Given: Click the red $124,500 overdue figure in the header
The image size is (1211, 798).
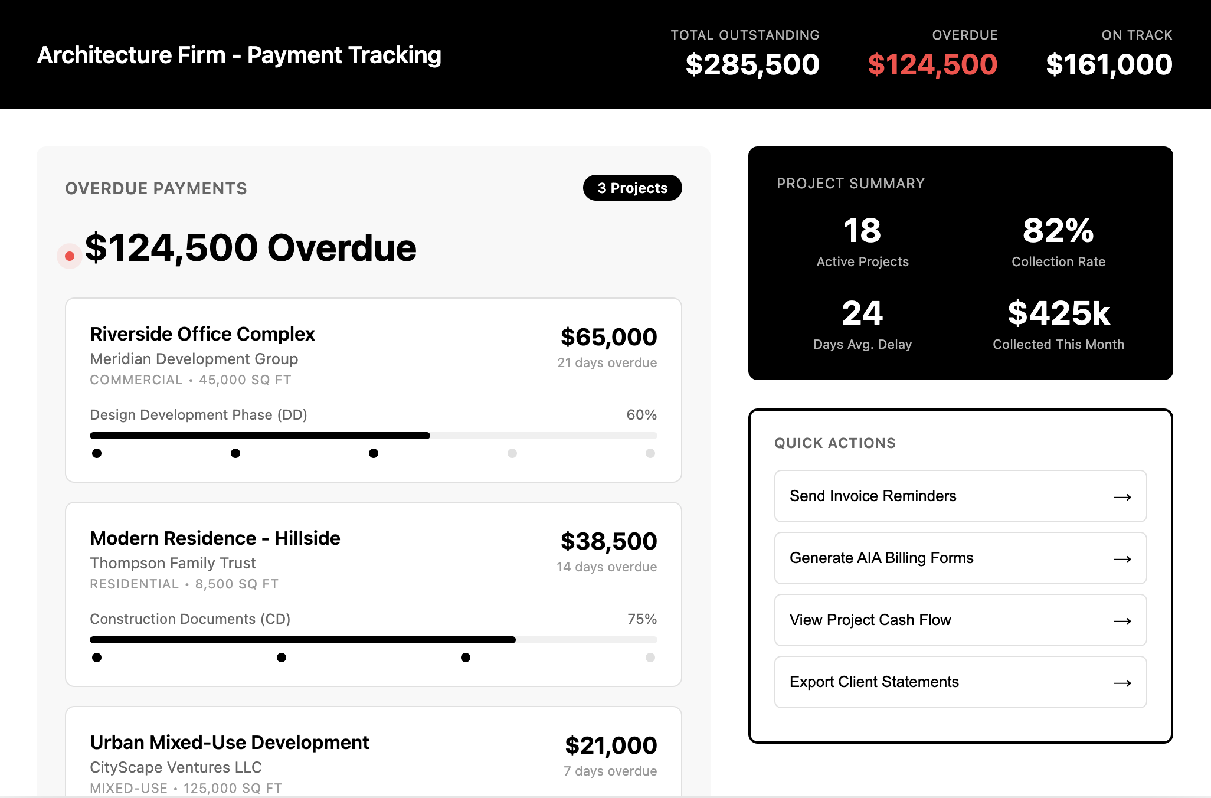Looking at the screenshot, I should (932, 64).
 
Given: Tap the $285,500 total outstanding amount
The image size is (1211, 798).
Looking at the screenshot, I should (752, 64).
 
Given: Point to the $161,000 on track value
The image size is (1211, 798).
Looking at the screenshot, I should (1109, 64).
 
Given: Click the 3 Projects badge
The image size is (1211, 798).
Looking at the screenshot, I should (632, 188).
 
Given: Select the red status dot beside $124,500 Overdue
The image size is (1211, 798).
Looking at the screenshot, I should (70, 256).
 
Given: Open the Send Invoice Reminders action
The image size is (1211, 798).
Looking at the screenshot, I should (960, 496).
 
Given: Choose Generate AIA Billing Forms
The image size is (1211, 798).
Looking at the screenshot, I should (960, 558).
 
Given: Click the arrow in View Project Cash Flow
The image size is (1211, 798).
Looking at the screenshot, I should (1122, 621).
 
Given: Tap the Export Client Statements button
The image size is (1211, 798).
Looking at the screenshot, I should (960, 682).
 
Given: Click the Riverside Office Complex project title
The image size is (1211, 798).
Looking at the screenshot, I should (202, 334).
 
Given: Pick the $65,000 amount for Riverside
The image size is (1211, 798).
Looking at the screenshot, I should (608, 337).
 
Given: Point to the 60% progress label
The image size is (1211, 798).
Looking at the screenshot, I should (641, 415).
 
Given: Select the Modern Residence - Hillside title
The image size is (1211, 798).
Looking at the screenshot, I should (215, 538).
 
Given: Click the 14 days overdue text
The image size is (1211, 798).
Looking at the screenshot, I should (607, 567).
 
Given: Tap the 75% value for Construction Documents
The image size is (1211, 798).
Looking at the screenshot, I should (642, 619).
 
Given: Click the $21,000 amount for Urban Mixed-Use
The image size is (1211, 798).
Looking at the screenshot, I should (611, 745).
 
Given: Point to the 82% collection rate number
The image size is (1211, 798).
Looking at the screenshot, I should (1058, 230).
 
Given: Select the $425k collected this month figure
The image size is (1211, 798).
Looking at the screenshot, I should (1059, 313).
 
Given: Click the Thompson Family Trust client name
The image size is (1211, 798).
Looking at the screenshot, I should (173, 563).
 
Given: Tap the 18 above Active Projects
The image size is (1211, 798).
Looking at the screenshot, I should (862, 230).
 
